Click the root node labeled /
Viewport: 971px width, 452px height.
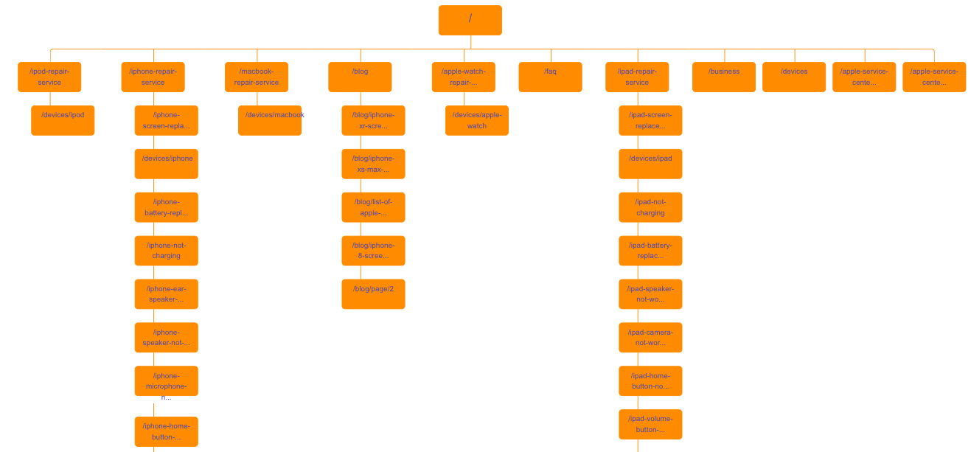point(470,20)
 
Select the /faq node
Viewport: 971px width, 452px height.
point(550,77)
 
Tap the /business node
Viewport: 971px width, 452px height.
point(723,77)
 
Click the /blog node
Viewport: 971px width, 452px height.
point(360,77)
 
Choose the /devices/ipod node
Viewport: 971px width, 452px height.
point(63,120)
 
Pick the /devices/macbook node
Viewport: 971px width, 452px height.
point(270,120)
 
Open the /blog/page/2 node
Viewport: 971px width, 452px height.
point(373,293)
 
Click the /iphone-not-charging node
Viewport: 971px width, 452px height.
point(166,251)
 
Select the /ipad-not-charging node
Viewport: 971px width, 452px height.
point(650,207)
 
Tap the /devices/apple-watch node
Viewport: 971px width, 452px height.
point(476,120)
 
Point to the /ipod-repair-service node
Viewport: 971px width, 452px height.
point(49,77)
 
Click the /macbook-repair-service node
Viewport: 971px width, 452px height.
point(257,77)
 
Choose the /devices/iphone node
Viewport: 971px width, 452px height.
point(166,164)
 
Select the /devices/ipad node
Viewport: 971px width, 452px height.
point(650,164)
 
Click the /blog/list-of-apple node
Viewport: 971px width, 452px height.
point(373,207)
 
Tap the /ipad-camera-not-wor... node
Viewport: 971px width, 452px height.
point(650,337)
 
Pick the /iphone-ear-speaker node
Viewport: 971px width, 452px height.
point(166,293)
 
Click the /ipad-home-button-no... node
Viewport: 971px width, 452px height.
point(650,380)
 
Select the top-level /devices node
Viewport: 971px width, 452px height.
point(793,77)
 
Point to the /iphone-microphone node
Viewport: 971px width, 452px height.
point(166,380)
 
